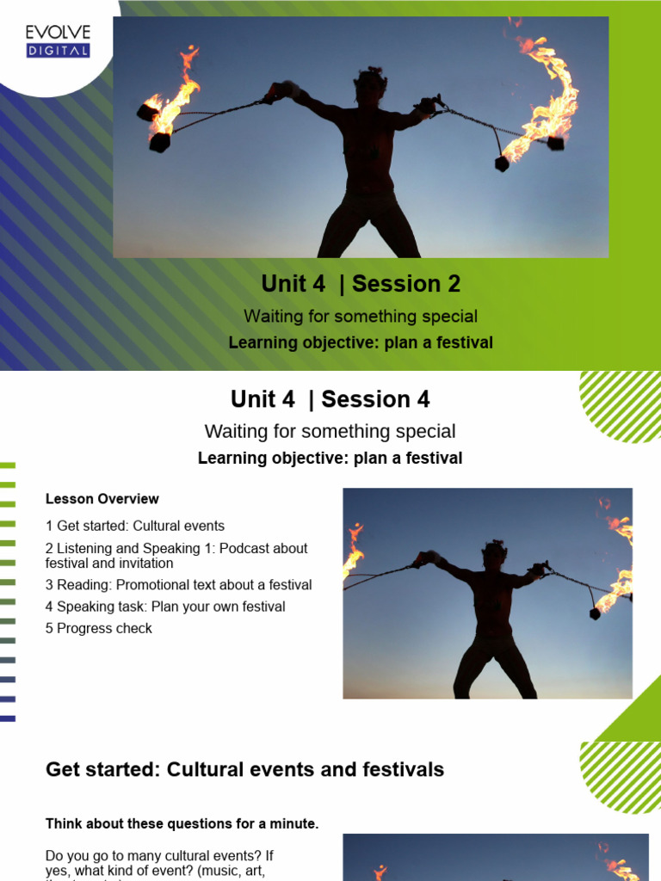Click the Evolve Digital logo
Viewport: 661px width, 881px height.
[58, 40]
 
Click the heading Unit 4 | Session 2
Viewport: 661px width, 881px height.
[361, 283]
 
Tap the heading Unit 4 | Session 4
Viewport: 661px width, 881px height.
[330, 399]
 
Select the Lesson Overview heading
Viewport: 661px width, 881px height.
[102, 499]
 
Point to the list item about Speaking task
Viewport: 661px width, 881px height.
[164, 607]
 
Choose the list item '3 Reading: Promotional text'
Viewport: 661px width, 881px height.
[178, 585]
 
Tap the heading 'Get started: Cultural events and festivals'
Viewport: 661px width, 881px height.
[244, 770]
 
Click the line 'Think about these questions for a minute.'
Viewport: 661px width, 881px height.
[182, 824]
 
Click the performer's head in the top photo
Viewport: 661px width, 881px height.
[371, 84]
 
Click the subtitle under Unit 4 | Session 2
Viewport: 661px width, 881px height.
[360, 317]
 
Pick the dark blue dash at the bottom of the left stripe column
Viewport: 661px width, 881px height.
[8, 718]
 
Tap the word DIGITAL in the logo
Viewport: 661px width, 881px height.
[58, 51]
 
